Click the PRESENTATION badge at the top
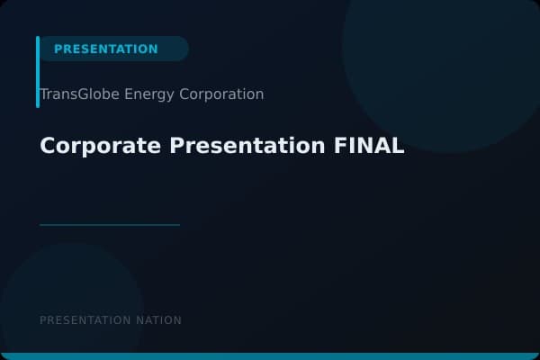coord(106,49)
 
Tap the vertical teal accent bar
coord(38,72)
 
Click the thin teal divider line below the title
coord(110,225)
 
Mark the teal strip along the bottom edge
coord(270,356)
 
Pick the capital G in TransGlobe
coord(81,94)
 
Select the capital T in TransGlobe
coord(44,94)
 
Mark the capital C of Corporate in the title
coord(48,146)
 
